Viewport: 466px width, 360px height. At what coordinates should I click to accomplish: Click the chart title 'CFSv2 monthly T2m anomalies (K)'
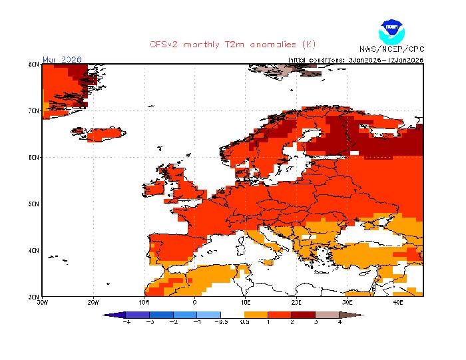tap(232, 45)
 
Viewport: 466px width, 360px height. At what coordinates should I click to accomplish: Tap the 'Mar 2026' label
tap(62, 59)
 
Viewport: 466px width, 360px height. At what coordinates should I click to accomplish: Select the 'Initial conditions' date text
tap(355, 60)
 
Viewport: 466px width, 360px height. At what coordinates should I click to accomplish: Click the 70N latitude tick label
tap(33, 110)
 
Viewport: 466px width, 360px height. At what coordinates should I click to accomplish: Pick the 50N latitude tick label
tap(33, 204)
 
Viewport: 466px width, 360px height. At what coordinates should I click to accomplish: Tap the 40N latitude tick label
tap(33, 250)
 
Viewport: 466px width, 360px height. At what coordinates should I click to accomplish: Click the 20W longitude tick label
tap(93, 301)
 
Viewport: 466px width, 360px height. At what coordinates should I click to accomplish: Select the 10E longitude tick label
tap(246, 301)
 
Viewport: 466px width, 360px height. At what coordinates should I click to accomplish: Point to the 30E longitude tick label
tap(347, 301)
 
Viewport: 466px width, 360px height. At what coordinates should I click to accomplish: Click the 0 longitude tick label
tap(194, 301)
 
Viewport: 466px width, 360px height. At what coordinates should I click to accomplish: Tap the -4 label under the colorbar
tap(126, 322)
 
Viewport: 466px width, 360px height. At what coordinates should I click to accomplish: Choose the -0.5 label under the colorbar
tap(220, 322)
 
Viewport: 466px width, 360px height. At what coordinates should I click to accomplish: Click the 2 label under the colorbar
tap(291, 322)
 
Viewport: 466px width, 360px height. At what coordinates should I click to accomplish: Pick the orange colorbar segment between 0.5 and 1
tap(256, 314)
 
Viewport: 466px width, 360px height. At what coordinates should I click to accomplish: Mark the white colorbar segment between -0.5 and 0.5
tap(232, 314)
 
